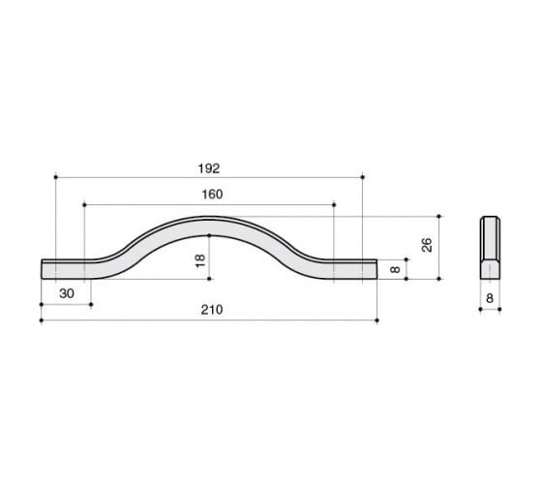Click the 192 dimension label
[209, 168]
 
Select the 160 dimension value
[212, 195]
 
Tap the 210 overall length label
[212, 310]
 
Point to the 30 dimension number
[67, 293]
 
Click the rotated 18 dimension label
[200, 260]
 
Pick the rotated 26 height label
[427, 245]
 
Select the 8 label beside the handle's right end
[395, 269]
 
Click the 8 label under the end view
[490, 298]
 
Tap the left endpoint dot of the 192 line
[56, 177]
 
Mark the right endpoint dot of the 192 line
[363, 177]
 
